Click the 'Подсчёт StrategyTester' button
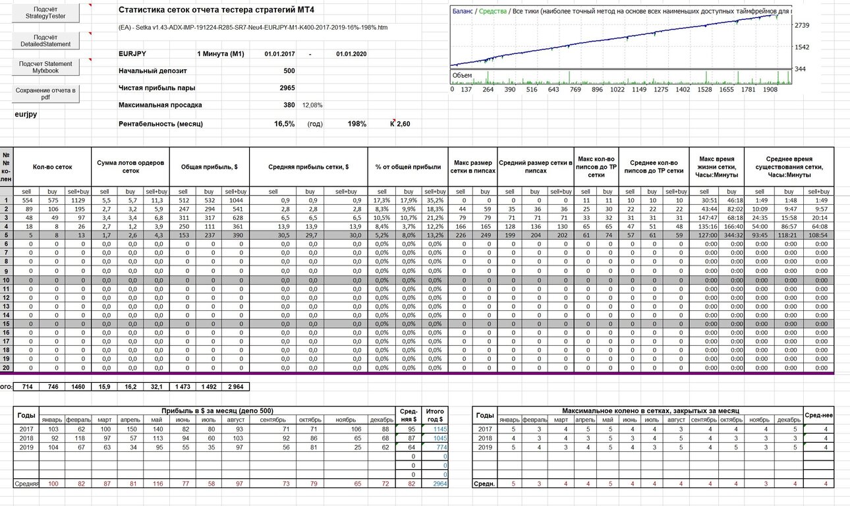coord(45,13)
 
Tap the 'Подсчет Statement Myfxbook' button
coord(45,67)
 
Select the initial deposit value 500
coord(289,71)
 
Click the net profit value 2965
coord(287,88)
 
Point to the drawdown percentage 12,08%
coord(312,105)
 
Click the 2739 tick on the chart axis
coord(802,26)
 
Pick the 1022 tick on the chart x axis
coord(617,90)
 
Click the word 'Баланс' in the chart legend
coord(463,11)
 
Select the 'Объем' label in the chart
coord(462,76)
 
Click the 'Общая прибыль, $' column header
coord(210,167)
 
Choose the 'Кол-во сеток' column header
coord(52,167)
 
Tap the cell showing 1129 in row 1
coord(78,200)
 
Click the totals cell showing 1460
coord(78,387)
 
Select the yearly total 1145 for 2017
coord(440,430)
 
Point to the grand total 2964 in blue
coord(440,484)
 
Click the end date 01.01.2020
coord(351,54)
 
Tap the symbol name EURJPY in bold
coord(132,54)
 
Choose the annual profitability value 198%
coord(357,124)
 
